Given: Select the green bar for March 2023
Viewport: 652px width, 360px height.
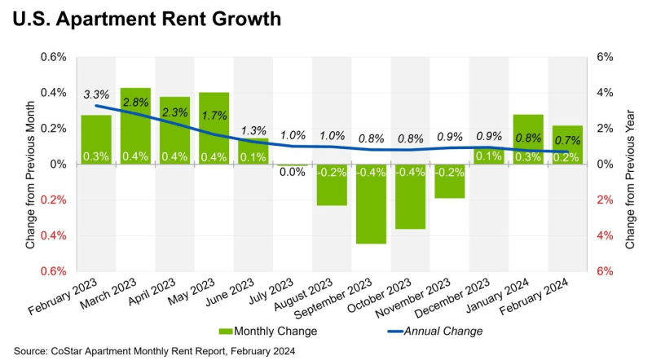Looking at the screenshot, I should pos(135,126).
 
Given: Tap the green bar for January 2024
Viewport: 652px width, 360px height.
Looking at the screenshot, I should pos(528,139).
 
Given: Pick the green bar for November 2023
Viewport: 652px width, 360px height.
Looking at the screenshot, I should pos(450,181).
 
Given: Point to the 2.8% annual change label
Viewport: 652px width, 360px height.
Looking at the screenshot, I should pos(135,103).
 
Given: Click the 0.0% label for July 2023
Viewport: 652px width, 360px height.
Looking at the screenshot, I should pos(293,173).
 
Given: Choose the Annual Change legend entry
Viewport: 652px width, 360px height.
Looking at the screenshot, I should pos(436,331).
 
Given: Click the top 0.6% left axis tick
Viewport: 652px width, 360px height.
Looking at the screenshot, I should pos(54,57).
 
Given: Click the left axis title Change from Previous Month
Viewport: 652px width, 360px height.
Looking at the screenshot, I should pos(30,164).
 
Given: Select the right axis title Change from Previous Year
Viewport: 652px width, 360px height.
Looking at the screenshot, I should pos(630,164).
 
